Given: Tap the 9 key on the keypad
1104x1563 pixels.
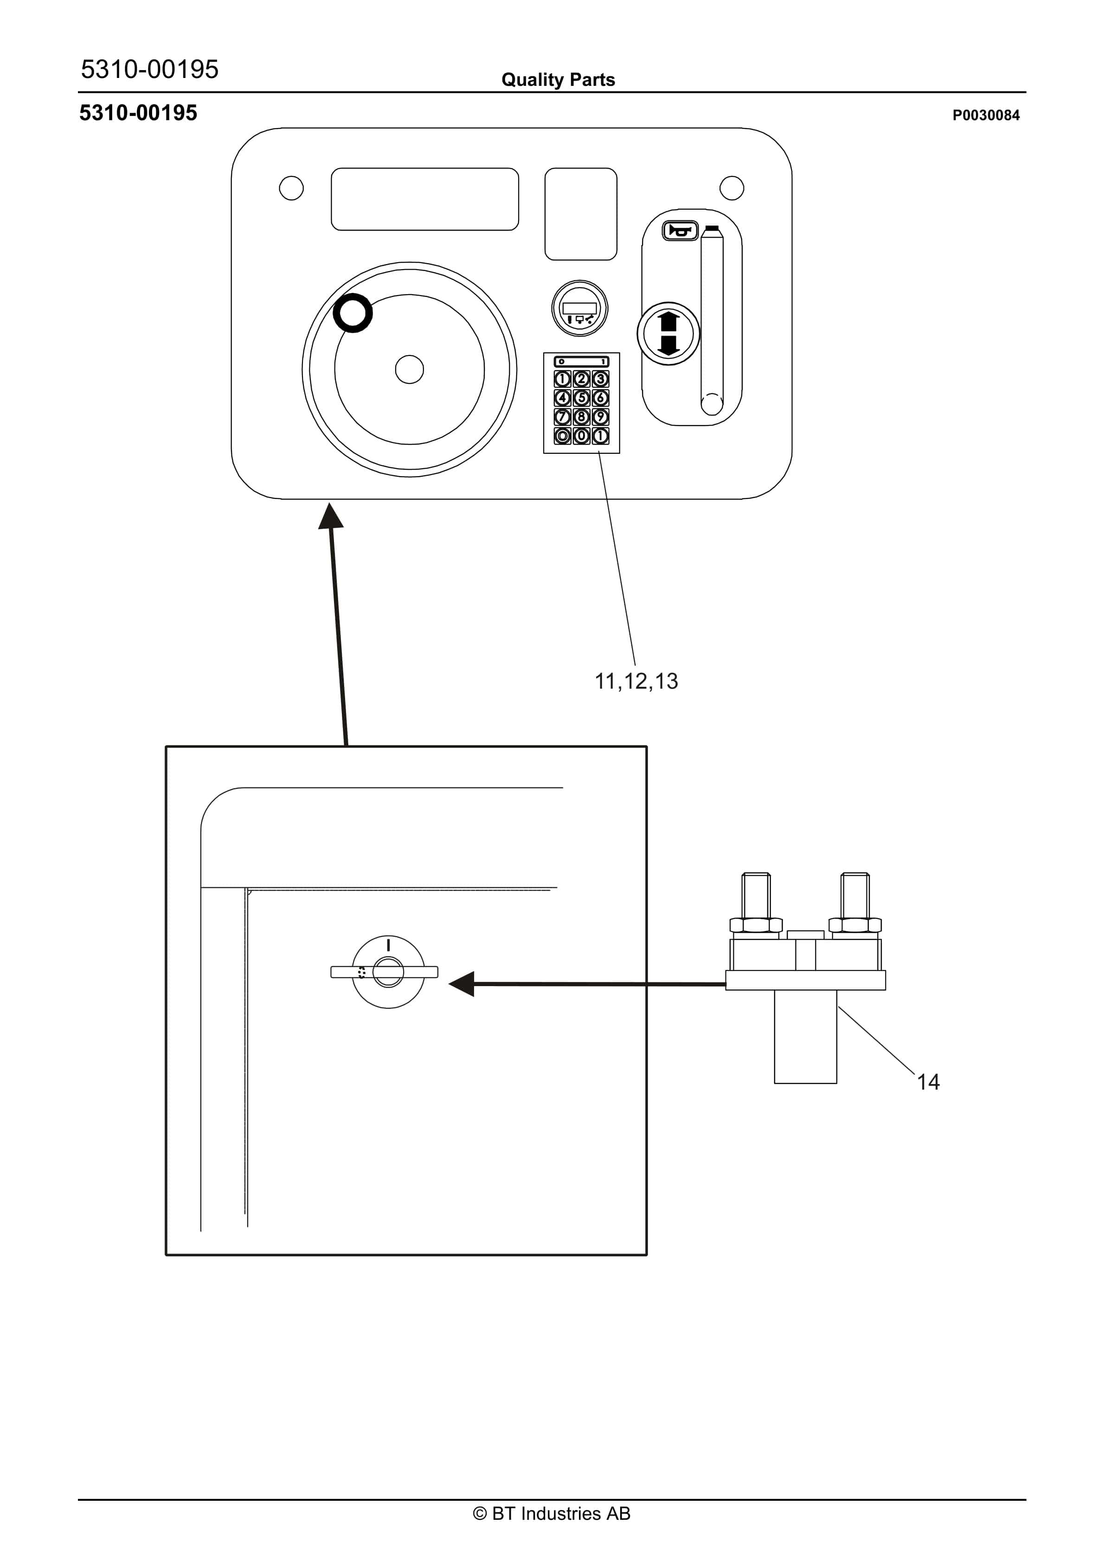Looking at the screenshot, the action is point(600,417).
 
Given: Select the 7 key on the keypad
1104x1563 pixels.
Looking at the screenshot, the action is point(562,417).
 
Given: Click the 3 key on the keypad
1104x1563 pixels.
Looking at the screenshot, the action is point(600,379).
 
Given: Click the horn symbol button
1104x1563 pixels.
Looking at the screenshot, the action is point(680,231).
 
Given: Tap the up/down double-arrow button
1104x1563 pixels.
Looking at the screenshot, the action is point(668,334).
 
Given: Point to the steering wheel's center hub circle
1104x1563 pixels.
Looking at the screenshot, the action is point(409,370).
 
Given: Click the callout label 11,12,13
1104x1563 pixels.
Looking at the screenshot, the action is point(636,681).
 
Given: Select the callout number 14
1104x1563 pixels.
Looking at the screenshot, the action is point(928,1082).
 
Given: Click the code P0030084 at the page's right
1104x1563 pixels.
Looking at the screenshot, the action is point(986,115).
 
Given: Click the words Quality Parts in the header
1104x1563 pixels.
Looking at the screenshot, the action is point(558,80).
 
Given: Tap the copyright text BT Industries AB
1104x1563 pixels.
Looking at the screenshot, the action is point(552,1513).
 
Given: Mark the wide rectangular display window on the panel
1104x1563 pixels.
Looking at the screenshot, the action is point(425,199).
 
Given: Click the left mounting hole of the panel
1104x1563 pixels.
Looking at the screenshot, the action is point(291,188).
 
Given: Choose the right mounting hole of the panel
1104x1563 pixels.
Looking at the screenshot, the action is point(732,188).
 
